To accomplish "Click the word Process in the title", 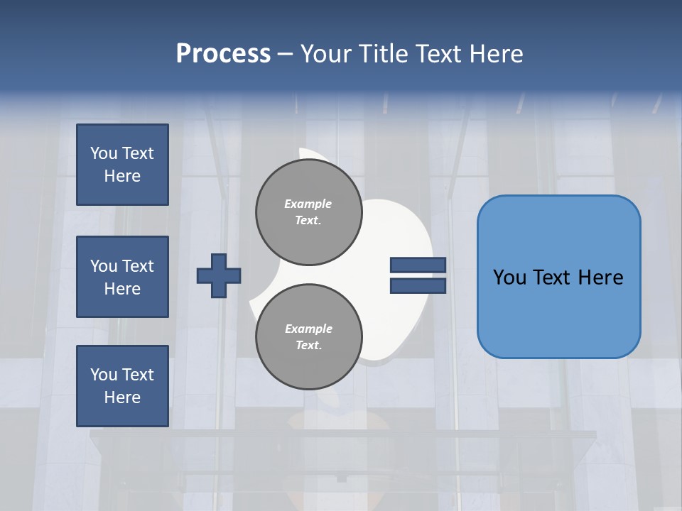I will (223, 54).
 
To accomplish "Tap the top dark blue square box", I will (122, 165).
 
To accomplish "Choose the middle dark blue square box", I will (122, 277).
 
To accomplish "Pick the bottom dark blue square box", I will (122, 385).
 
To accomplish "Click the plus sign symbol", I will (219, 275).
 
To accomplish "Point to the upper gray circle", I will (308, 212).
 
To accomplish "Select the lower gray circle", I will (308, 337).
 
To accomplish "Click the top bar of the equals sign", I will (418, 265).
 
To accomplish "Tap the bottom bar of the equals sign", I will (418, 286).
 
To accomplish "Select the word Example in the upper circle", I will (308, 204).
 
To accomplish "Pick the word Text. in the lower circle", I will (308, 346).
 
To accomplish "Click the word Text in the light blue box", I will (558, 278).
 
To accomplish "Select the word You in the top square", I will (104, 153).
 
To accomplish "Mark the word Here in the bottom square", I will (122, 397).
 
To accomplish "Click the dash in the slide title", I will (285, 55).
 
